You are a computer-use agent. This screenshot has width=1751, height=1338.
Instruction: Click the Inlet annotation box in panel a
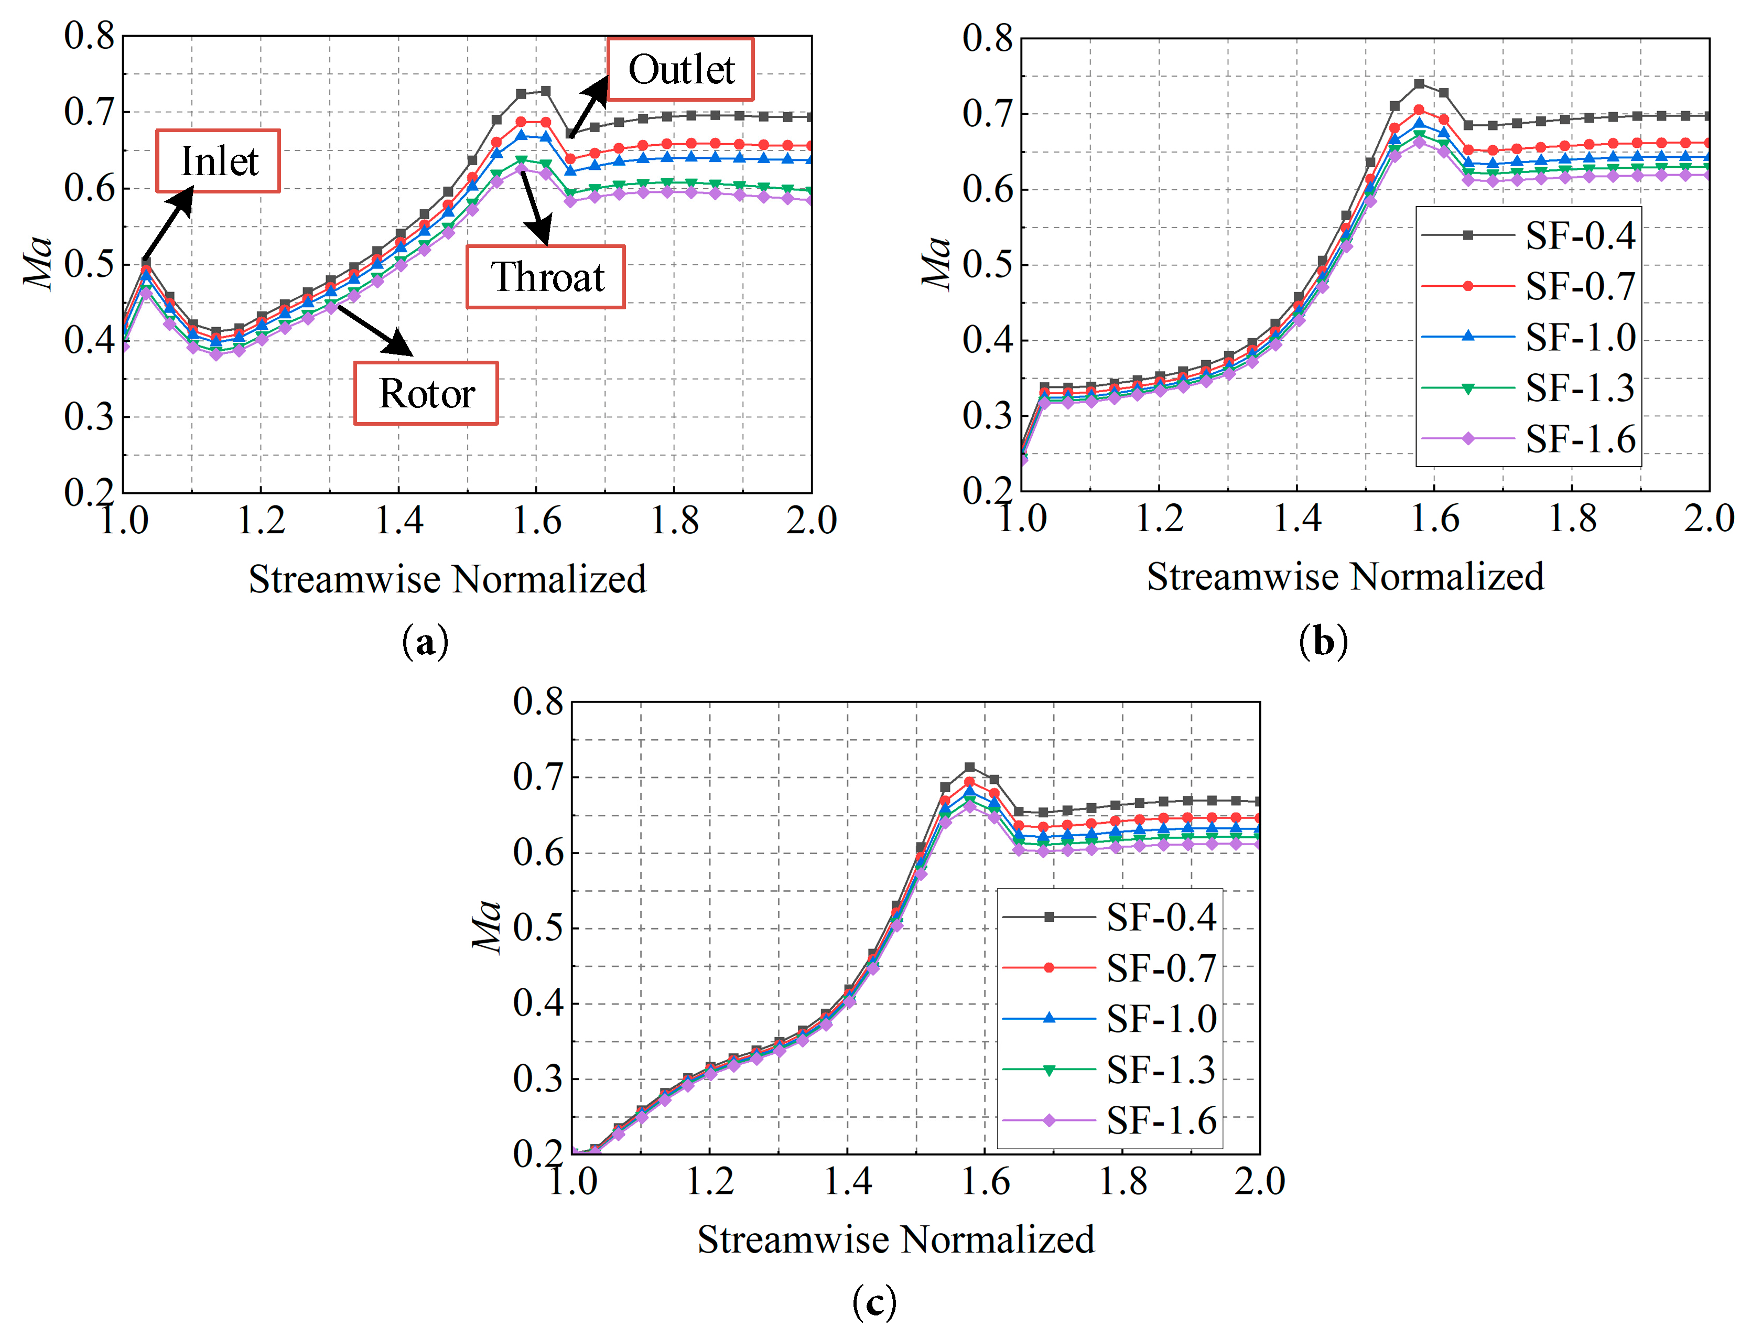[x=218, y=161]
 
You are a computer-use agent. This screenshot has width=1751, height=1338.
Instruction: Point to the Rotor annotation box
[x=426, y=393]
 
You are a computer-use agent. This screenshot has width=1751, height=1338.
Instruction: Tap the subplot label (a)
[x=426, y=642]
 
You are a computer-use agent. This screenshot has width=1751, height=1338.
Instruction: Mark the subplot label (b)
[x=1323, y=642]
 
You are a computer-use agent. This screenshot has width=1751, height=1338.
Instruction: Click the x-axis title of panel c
[x=896, y=1240]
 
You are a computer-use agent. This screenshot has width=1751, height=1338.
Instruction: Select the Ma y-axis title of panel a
[x=38, y=263]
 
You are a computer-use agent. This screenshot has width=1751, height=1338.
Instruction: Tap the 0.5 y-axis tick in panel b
[x=987, y=265]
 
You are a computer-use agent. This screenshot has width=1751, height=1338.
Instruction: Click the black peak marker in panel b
[x=1419, y=84]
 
